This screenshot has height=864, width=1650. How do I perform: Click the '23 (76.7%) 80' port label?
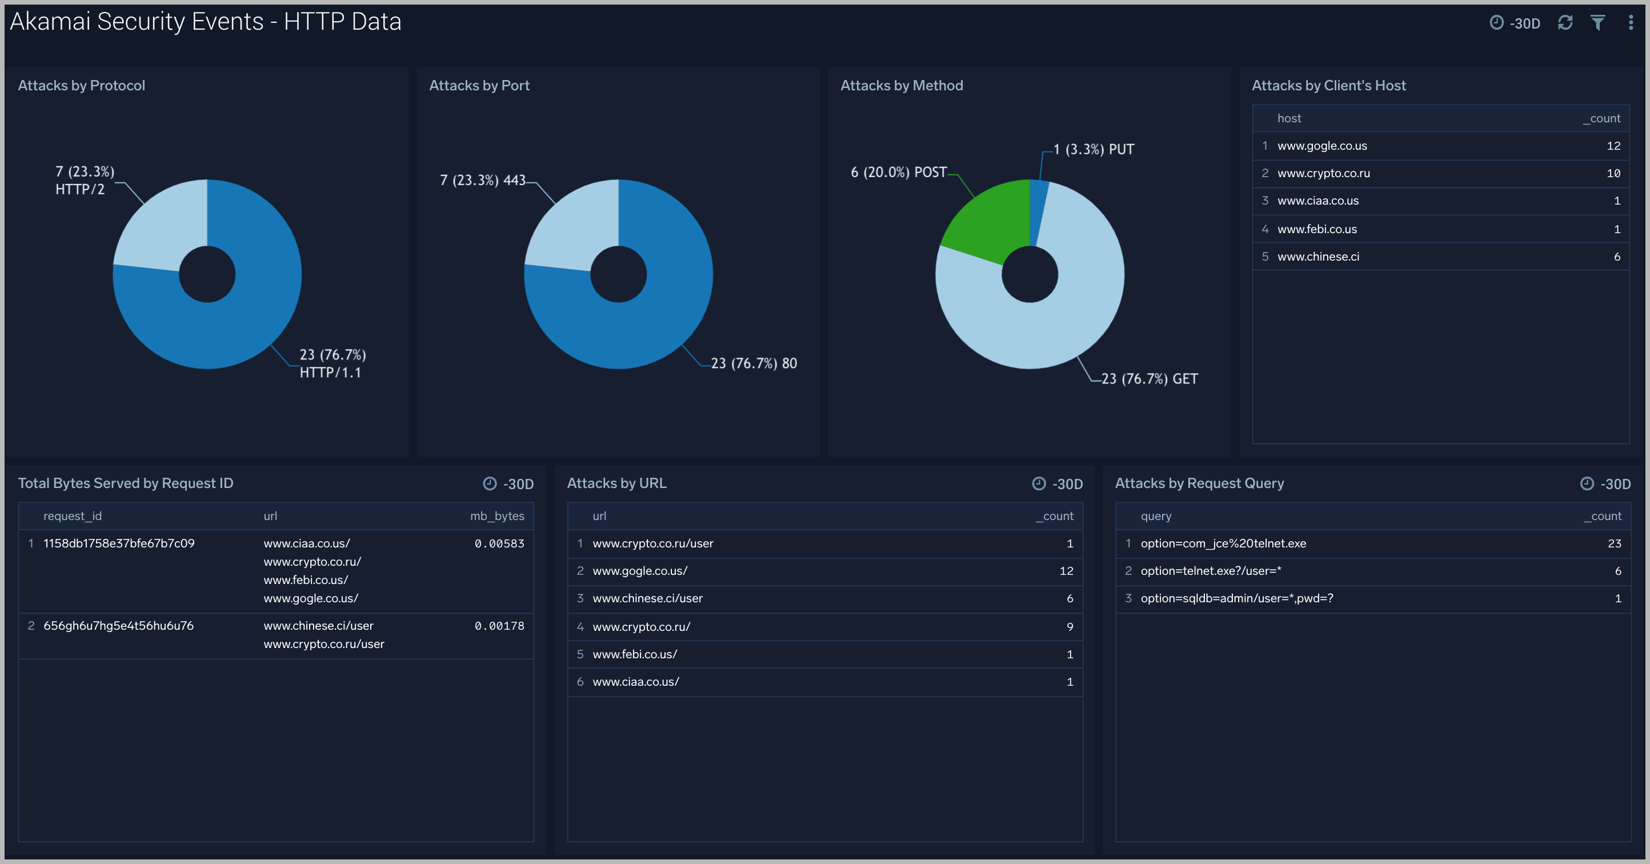[x=754, y=364]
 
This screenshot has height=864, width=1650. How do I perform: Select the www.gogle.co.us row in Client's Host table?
[x=1322, y=146]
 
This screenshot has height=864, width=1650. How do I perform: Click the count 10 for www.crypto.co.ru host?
[x=1613, y=174]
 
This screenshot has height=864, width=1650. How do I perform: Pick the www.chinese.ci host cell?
[x=1317, y=257]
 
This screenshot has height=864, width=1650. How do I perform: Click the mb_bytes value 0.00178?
[x=499, y=626]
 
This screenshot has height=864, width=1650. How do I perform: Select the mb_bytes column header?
[x=497, y=516]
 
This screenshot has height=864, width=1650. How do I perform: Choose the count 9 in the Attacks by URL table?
[x=1070, y=627]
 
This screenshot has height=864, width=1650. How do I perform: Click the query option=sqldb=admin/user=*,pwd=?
[x=1236, y=598]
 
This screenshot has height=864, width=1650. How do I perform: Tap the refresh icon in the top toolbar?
[x=1565, y=23]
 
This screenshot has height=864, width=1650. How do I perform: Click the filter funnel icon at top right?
[x=1598, y=23]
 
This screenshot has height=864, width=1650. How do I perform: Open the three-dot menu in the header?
[x=1631, y=23]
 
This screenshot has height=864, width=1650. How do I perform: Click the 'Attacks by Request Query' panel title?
[x=1199, y=483]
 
